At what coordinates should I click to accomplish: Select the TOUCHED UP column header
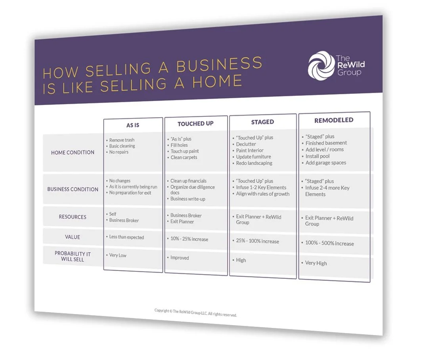(x=195, y=124)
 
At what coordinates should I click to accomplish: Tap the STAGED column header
(x=262, y=122)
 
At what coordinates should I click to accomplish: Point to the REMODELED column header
(x=333, y=120)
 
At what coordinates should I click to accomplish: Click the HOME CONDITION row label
(x=73, y=152)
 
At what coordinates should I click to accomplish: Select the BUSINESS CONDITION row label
(x=73, y=189)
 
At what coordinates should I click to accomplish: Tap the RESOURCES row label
(x=73, y=217)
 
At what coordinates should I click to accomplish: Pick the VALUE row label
(x=73, y=237)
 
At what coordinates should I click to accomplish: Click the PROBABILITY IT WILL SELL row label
(x=73, y=256)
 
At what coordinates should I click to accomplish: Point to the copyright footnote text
(x=195, y=313)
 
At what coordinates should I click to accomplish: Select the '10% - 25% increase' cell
(x=189, y=240)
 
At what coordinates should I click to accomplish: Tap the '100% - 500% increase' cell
(x=329, y=244)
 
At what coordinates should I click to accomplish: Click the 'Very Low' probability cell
(x=118, y=255)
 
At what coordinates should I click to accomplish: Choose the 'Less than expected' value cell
(x=126, y=238)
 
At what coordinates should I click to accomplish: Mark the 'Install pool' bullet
(x=318, y=156)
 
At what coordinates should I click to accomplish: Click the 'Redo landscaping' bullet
(x=254, y=163)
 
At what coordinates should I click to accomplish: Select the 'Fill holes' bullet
(x=179, y=145)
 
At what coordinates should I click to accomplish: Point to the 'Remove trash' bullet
(x=122, y=140)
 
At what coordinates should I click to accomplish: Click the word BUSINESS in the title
(x=219, y=65)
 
